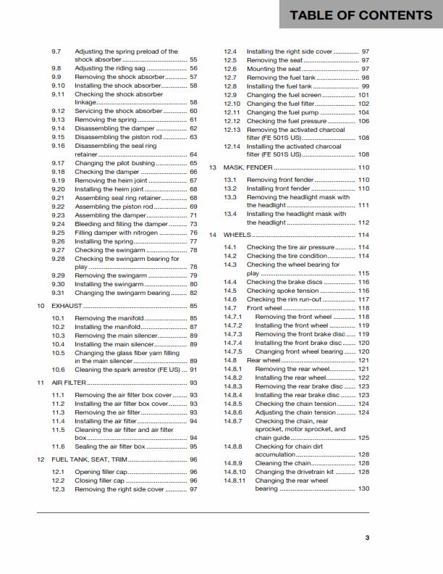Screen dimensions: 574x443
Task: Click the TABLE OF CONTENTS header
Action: [360, 15]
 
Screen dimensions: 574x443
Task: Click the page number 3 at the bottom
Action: [367, 537]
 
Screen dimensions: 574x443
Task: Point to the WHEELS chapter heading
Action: [237, 235]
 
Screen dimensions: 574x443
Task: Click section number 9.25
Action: [59, 233]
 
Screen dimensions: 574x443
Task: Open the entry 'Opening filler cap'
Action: [106, 471]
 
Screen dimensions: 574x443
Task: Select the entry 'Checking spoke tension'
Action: [282, 291]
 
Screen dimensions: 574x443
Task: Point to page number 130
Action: [363, 488]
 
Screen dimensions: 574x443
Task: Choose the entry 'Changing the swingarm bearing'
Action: [122, 293]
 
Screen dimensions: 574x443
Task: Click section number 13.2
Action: [230, 188]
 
